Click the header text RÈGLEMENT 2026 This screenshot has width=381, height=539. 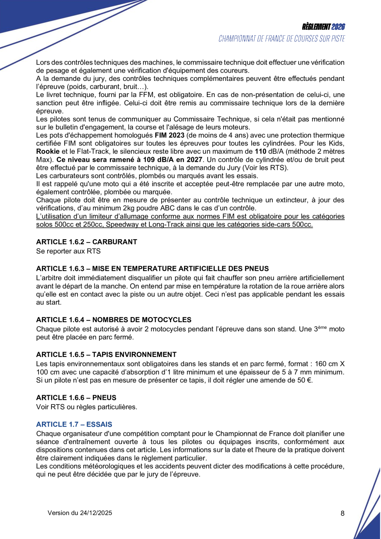pyautogui.click(x=324, y=27)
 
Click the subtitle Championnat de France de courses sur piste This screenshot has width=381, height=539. pyautogui.click(x=282, y=39)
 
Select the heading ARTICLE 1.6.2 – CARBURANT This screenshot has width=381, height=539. pyautogui.click(x=87, y=242)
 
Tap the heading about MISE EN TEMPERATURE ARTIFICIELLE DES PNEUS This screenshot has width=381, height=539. pyautogui.click(x=153, y=268)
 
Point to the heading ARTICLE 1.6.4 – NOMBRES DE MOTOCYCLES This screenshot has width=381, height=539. pyautogui.click(x=114, y=320)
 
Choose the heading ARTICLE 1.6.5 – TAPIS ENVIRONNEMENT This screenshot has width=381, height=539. pyautogui.click(x=106, y=354)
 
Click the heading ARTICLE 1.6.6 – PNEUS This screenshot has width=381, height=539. pyautogui.click(x=76, y=398)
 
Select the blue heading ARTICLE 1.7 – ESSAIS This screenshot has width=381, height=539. pyautogui.click(x=74, y=424)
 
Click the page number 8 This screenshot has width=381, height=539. pyautogui.click(x=342, y=513)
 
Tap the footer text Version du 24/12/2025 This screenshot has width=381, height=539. pyautogui.click(x=80, y=513)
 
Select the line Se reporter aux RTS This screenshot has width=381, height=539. pyautogui.click(x=68, y=251)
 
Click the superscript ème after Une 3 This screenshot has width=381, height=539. pyautogui.click(x=322, y=327)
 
